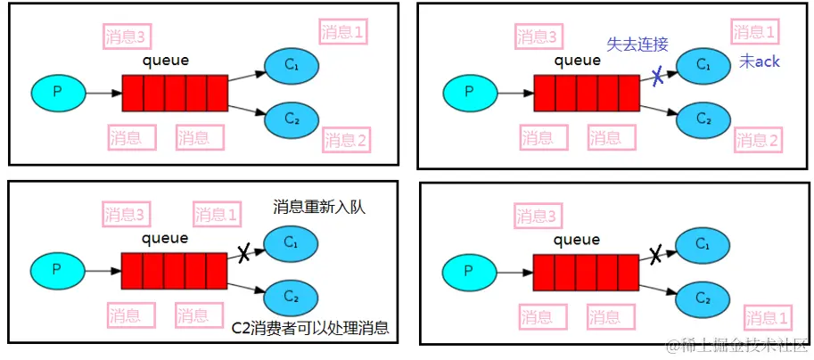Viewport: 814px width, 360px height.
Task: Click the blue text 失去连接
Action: [x=637, y=45]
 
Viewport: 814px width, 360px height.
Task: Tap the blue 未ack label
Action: [x=760, y=61]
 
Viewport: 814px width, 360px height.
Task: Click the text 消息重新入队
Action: [x=319, y=207]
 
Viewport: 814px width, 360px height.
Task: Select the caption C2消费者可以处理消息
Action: [x=310, y=327]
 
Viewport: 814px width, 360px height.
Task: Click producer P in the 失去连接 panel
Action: [x=470, y=92]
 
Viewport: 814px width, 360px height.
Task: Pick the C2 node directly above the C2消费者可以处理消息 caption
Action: [x=291, y=296]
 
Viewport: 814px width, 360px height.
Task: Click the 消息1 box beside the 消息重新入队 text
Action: [x=218, y=214]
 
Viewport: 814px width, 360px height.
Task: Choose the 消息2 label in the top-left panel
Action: [x=346, y=139]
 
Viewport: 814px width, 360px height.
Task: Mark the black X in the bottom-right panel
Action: [x=655, y=256]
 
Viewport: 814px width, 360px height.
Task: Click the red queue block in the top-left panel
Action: [x=175, y=93]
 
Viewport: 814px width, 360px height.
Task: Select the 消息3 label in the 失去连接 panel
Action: [x=540, y=37]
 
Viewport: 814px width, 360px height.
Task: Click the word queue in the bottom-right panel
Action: [x=577, y=239]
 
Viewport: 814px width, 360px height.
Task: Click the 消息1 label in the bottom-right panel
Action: [x=767, y=318]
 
